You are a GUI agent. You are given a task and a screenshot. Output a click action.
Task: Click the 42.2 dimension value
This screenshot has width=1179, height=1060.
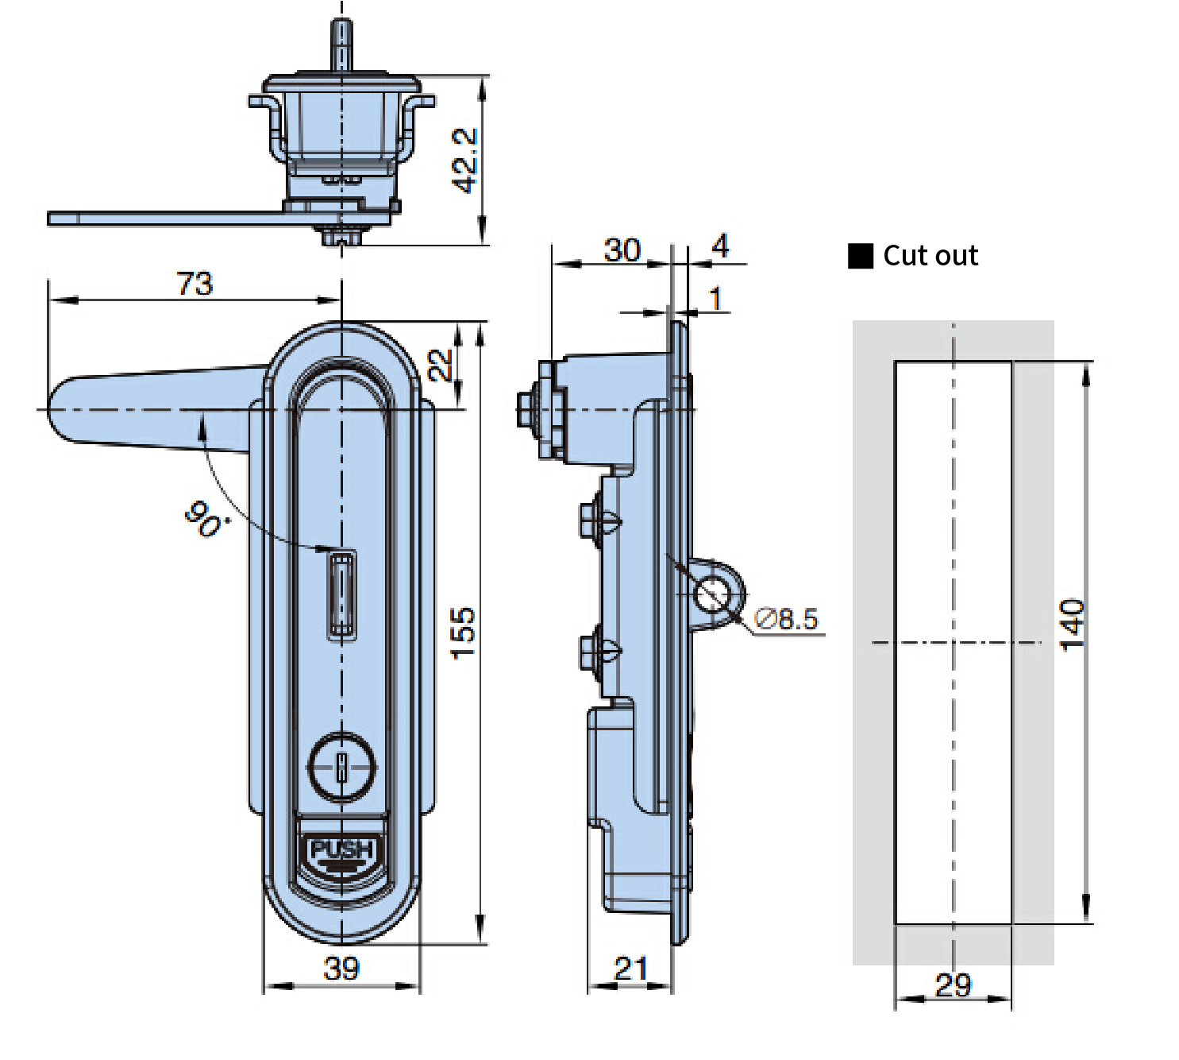464,161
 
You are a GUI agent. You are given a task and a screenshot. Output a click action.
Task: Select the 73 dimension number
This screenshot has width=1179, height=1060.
195,284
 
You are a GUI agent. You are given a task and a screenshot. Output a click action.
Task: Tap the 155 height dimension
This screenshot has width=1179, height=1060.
463,633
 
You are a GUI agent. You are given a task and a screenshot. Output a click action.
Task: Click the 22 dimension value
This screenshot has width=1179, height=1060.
440,365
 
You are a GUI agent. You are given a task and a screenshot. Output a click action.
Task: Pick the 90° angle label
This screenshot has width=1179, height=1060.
204,518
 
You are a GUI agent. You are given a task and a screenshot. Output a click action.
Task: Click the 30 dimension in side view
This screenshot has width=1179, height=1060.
622,250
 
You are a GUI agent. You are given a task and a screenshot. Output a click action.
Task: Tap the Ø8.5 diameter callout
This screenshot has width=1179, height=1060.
786,618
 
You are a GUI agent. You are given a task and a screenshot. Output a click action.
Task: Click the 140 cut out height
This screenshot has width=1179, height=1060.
1072,625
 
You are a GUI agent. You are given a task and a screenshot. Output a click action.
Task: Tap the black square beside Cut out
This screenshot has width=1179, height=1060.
860,256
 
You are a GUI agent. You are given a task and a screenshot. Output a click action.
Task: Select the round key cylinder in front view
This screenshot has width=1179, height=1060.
341,767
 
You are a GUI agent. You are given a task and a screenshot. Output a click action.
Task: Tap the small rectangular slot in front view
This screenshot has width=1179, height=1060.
341,594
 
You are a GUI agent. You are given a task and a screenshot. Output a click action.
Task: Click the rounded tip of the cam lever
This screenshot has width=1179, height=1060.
61,409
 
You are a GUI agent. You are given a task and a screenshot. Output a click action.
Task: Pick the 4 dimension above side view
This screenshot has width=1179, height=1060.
720,246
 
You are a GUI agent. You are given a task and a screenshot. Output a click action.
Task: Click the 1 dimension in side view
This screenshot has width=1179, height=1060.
716,298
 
